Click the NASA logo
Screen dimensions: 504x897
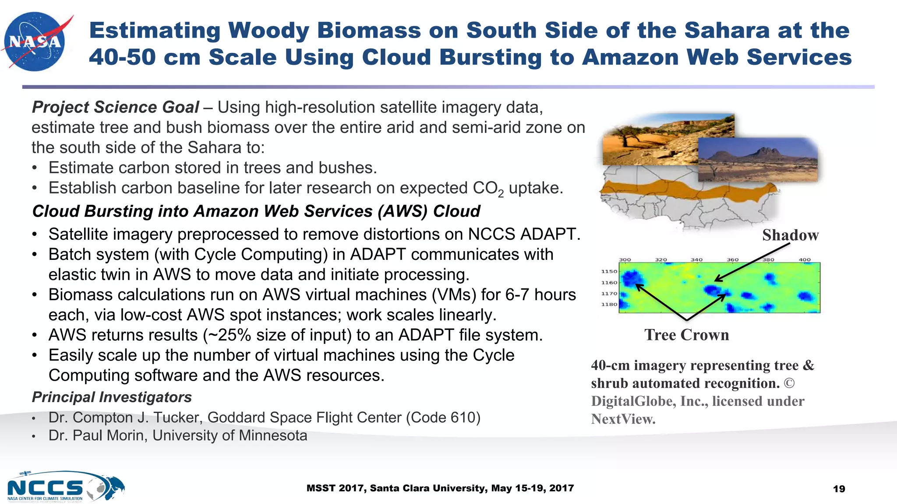point(35,41)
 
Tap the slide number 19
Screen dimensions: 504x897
point(839,489)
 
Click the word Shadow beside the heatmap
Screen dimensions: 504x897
point(790,235)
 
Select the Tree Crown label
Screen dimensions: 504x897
point(686,335)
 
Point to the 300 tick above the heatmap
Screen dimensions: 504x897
point(625,260)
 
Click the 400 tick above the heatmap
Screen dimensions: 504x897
point(805,260)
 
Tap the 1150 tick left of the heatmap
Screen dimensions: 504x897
point(609,272)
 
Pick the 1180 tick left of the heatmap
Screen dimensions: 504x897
point(609,304)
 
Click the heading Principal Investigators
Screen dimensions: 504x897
point(112,397)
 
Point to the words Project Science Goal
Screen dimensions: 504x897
point(115,107)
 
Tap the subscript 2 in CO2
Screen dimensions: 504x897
point(501,193)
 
